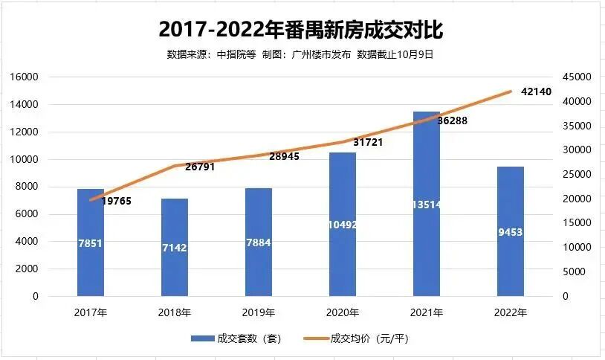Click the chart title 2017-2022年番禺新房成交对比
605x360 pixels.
[x=302, y=30]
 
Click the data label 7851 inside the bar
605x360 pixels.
[x=91, y=242]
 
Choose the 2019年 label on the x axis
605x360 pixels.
[x=259, y=313]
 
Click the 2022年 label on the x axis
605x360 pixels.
[x=511, y=313]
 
